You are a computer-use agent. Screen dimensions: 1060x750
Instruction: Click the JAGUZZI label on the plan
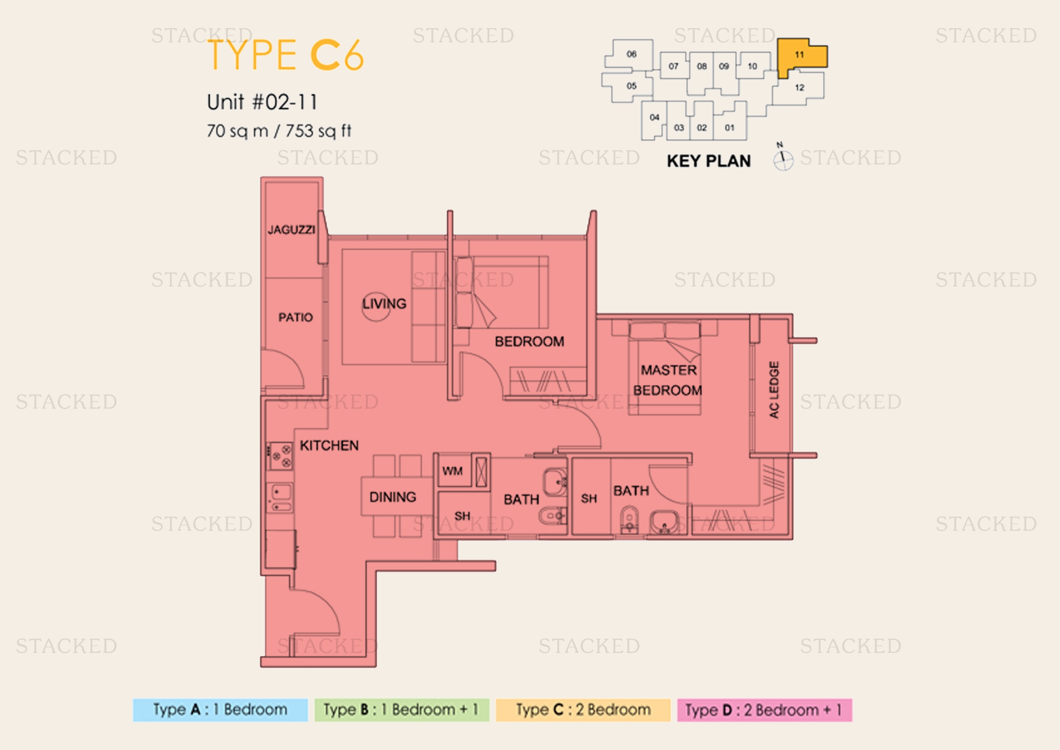pyautogui.click(x=291, y=229)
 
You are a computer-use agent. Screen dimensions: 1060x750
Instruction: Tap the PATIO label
pyautogui.click(x=295, y=317)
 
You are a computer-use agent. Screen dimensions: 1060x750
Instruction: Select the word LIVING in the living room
pyautogui.click(x=384, y=303)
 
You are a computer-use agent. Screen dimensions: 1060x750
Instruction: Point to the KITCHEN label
pyautogui.click(x=329, y=445)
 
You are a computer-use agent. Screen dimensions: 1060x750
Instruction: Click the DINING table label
pyautogui.click(x=392, y=497)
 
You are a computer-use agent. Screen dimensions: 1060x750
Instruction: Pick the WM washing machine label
pyautogui.click(x=452, y=471)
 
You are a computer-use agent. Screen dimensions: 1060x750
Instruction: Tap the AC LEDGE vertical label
pyautogui.click(x=774, y=390)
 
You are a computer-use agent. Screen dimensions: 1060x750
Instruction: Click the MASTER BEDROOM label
pyautogui.click(x=668, y=380)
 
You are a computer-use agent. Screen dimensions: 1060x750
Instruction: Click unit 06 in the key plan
pyautogui.click(x=631, y=54)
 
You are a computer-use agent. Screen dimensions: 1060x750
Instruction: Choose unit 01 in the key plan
pyautogui.click(x=730, y=127)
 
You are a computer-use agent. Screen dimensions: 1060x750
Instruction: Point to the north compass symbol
pyautogui.click(x=783, y=158)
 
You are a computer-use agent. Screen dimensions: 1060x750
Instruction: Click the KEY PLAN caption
pyautogui.click(x=709, y=161)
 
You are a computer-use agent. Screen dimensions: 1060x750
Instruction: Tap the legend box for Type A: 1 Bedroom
pyautogui.click(x=220, y=710)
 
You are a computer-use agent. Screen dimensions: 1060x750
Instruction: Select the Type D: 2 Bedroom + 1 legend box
pyautogui.click(x=765, y=710)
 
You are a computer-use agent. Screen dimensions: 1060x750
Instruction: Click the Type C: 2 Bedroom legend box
pyautogui.click(x=583, y=710)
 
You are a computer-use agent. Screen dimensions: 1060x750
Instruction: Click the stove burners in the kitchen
pyautogui.click(x=281, y=456)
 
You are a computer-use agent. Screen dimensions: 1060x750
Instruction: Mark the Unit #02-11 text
pyautogui.click(x=262, y=102)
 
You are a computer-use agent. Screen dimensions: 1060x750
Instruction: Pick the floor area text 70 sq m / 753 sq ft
pyautogui.click(x=279, y=131)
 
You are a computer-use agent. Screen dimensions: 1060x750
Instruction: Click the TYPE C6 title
pyautogui.click(x=286, y=55)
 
